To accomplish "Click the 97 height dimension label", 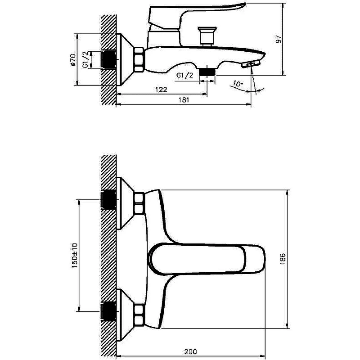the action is point(279,39).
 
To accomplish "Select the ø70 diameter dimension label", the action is point(73,60).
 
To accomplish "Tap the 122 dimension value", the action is point(161,89).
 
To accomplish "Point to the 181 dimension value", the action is point(184,100).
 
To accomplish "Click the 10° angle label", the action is point(238,84).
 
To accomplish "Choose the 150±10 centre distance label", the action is point(75,255).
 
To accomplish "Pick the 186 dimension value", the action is point(283,259).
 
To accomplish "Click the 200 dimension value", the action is point(190,351).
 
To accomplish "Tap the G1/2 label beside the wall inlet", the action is point(85,59).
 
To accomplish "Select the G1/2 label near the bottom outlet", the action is point(185,75).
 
